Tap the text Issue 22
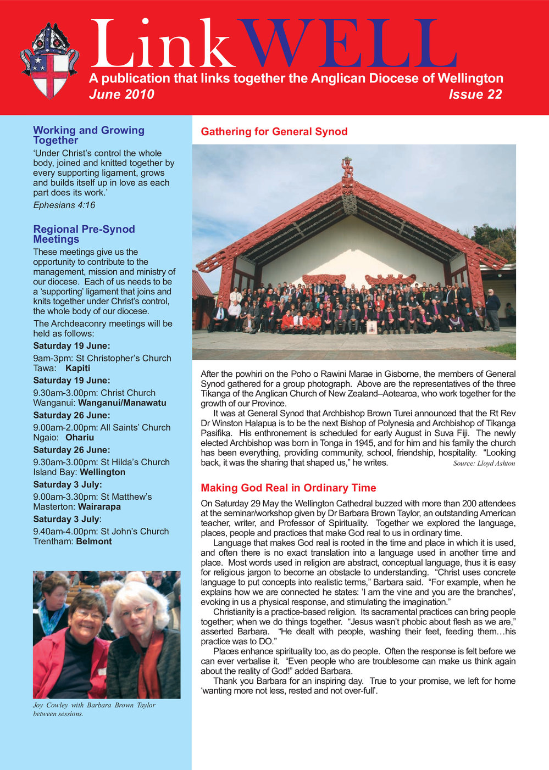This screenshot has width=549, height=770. click(x=475, y=94)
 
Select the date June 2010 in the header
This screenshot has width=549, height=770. click(x=121, y=94)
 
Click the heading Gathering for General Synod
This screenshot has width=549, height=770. click(x=274, y=132)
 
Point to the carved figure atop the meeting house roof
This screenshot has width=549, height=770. click(x=347, y=168)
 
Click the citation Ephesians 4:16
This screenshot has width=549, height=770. click(x=64, y=205)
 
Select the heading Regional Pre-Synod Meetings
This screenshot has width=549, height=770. click(x=84, y=234)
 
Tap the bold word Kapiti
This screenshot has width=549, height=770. click(x=77, y=368)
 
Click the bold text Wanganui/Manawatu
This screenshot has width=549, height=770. click(x=122, y=403)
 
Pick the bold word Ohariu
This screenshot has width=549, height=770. click(x=80, y=437)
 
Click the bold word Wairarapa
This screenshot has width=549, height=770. click(x=99, y=506)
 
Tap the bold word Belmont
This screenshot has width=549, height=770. click(x=93, y=541)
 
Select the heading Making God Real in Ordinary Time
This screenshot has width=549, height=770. click(x=288, y=488)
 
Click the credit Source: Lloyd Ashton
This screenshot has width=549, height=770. click(x=484, y=464)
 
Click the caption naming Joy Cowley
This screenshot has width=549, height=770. click(x=93, y=709)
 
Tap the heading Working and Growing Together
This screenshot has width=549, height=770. click(x=88, y=135)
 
